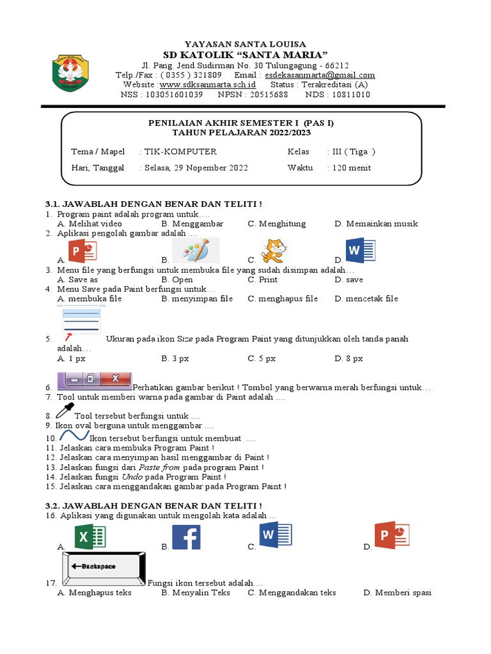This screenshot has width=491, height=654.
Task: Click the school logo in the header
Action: click(70, 74)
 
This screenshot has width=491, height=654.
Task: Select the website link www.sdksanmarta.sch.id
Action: click(208, 84)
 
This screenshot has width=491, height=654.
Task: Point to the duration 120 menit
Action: click(350, 168)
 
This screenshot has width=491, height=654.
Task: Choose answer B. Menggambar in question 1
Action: click(192, 224)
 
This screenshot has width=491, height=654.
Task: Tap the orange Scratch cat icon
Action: click(274, 250)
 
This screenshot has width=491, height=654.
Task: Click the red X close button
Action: click(116, 379)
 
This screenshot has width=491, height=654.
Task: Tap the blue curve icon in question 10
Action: click(74, 436)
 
